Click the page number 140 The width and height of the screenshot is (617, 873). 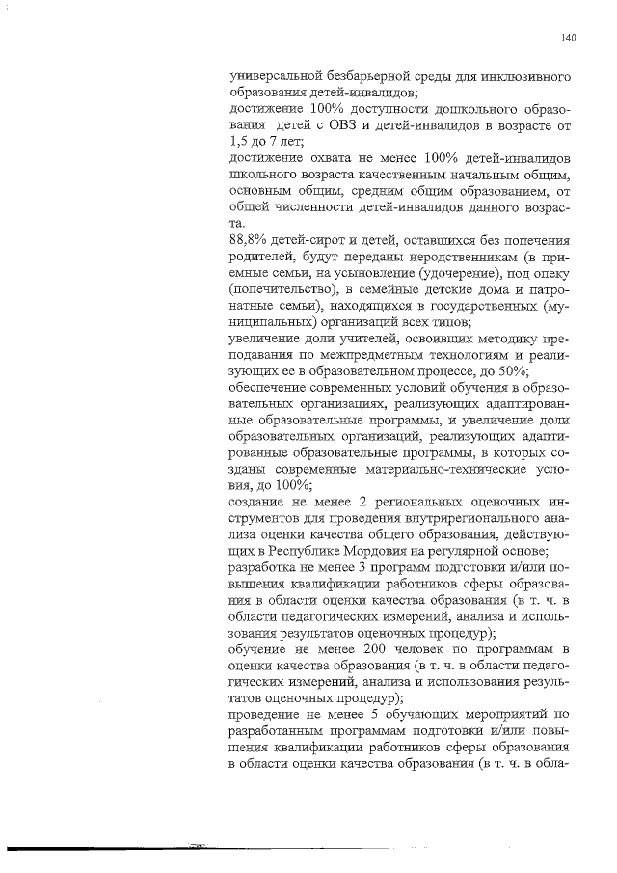[x=568, y=39]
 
